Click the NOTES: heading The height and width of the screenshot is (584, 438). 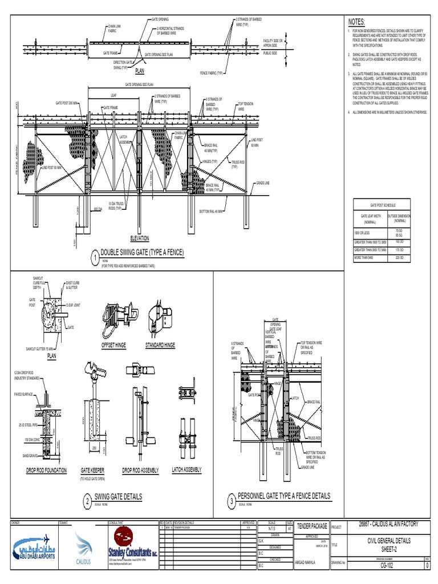[356, 21]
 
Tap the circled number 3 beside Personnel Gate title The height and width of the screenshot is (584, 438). [232, 501]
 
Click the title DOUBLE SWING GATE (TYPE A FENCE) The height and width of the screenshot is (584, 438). [142, 252]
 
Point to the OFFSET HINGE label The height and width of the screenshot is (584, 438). [113, 346]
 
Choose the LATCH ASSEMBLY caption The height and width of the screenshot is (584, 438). [186, 470]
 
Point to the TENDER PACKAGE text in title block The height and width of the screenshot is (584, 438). [312, 526]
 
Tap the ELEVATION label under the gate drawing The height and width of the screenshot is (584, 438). [140, 237]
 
